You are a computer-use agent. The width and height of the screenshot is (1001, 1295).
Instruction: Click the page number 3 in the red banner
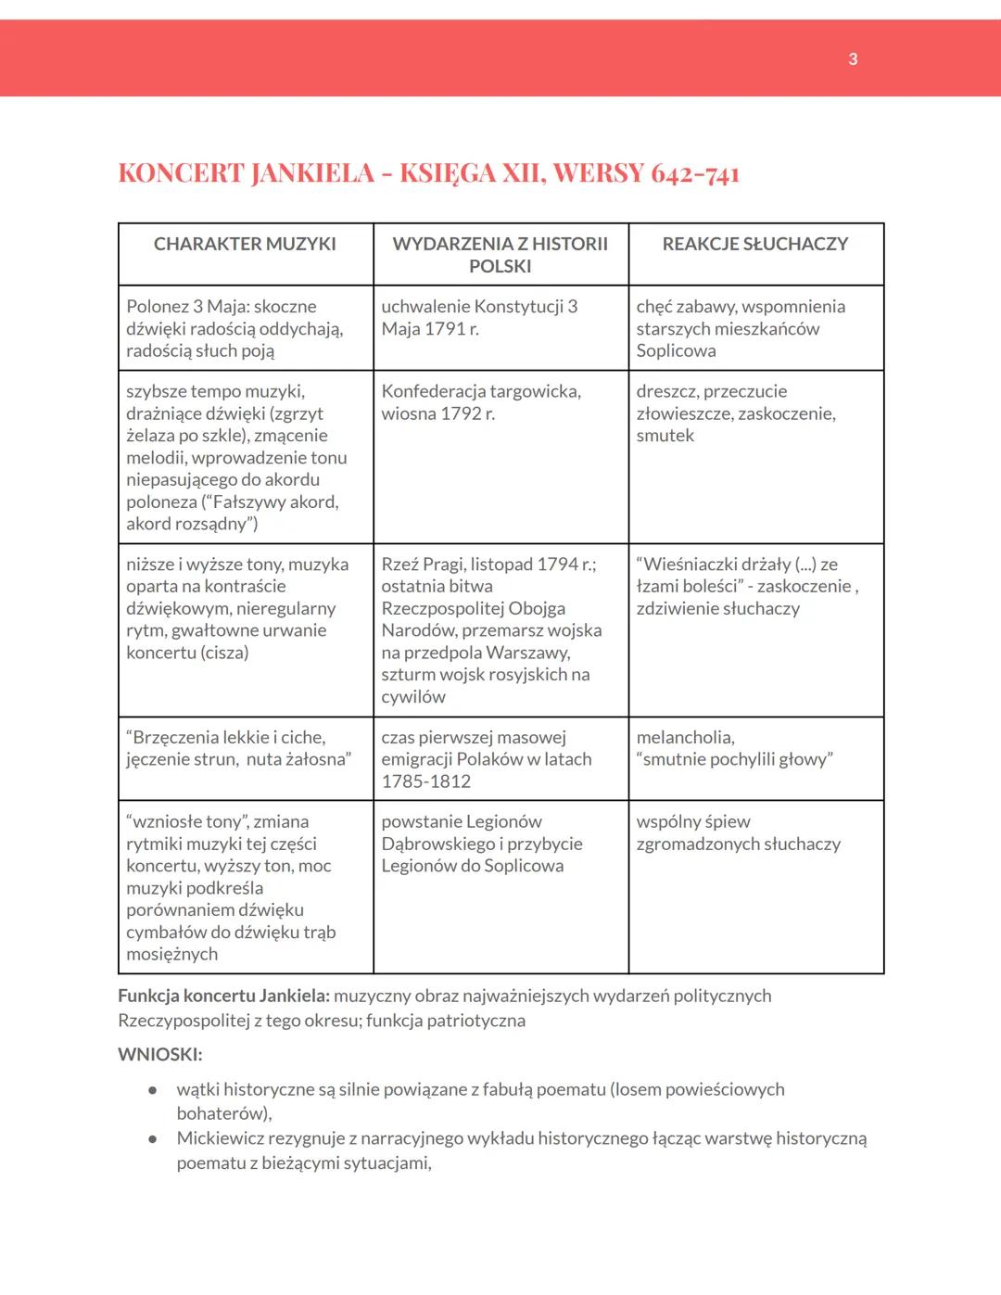pos(853,59)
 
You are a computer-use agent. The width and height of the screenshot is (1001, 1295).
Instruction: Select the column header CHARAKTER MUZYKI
pos(245,244)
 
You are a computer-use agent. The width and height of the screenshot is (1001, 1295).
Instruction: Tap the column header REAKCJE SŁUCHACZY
pos(755,244)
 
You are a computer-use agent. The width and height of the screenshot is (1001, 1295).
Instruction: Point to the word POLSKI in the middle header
pos(500,267)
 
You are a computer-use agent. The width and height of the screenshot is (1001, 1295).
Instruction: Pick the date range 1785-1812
pos(426,781)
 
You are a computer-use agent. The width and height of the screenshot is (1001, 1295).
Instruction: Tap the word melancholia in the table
pos(685,738)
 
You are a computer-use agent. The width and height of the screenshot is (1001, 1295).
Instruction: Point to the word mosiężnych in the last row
pos(172,955)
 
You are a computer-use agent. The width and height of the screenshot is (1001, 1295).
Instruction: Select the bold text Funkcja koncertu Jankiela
pos(223,996)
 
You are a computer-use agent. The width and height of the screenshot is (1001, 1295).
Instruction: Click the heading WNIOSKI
pos(159,1054)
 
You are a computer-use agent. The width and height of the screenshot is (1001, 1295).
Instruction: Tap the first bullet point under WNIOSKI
pos(152,1091)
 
